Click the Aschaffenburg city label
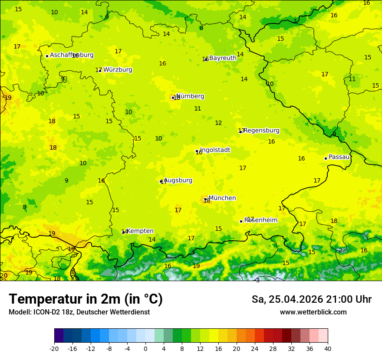72,55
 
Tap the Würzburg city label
117,70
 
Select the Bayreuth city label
223,58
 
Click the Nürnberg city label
190,96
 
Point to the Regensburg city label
261,131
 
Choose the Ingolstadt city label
215,150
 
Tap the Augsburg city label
178,180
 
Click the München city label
222,198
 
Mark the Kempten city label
140,231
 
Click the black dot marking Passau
326,158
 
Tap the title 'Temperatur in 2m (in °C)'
86,299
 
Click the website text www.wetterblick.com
313,312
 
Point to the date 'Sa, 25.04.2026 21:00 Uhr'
311,299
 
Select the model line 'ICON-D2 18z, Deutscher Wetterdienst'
79,312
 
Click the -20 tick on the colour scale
54,348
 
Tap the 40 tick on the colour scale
328,348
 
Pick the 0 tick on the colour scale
145,348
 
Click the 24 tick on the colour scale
255,348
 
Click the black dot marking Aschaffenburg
47,56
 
